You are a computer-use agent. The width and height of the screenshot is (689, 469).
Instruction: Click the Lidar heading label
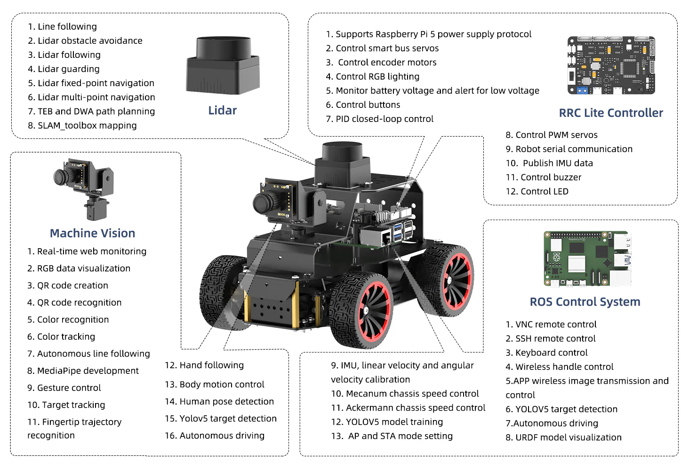222,111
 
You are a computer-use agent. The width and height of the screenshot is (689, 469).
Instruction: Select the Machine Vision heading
92,233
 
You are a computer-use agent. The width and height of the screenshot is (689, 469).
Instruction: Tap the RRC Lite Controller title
610,113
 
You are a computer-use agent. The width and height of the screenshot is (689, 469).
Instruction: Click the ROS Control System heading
585,302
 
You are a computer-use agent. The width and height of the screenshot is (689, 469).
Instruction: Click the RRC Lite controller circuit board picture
611,65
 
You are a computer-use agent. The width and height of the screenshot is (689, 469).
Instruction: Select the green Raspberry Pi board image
587,259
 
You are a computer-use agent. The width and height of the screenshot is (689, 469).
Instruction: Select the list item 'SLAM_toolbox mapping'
87,126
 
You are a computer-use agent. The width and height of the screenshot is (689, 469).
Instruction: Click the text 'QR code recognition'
79,303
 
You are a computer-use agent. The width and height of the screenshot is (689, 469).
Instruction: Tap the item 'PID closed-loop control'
384,119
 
